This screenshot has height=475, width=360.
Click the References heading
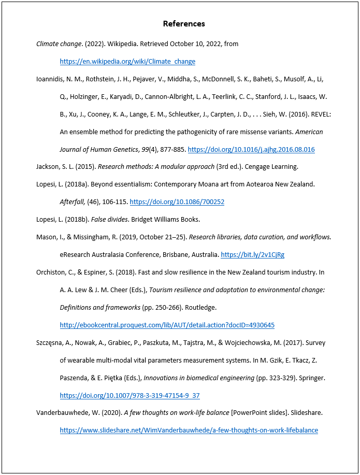pos(184,24)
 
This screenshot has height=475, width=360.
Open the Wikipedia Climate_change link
pos(127,61)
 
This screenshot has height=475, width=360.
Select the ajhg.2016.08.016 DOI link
pos(251,149)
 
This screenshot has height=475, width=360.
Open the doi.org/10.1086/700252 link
pos(177,202)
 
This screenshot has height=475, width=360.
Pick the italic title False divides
pos(112,220)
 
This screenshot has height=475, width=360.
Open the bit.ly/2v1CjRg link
pos(252,255)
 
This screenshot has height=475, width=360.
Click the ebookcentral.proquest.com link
pos(167,325)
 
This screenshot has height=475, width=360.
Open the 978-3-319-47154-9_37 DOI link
pos(129,396)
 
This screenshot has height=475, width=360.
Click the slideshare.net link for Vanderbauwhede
pos(189,430)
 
